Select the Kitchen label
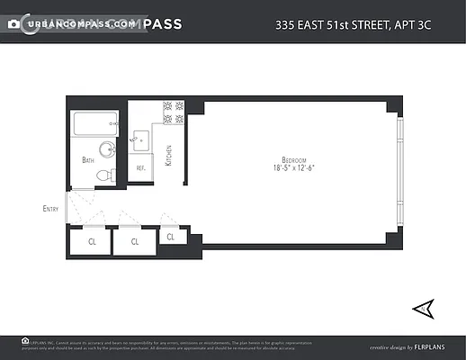168,155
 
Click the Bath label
88,160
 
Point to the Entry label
50,209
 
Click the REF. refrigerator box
141,168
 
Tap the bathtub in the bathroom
94,124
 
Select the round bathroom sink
105,149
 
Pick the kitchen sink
140,139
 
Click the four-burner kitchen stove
173,112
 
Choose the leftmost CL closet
92,241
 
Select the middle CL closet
135,241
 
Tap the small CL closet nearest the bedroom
171,237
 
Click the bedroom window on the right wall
399,171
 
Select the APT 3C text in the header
436,24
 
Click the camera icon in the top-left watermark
13,23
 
